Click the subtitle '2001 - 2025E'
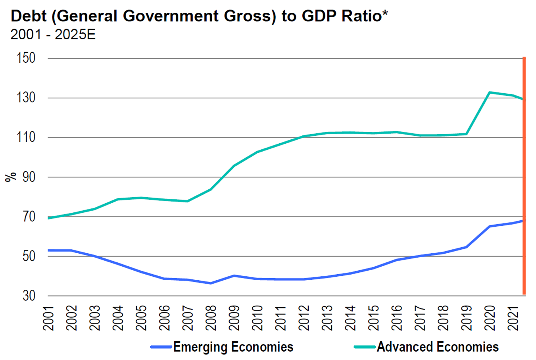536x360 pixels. pos(53,35)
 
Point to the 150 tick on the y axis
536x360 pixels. pos(26,58)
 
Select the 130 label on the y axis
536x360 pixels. pos(26,98)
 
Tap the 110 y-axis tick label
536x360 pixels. pos(26,137)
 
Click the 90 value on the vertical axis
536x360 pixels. pos(29,177)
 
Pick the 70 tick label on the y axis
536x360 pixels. pos(29,217)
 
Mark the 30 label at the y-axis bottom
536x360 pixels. pos(29,296)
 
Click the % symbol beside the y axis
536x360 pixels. pos(11,177)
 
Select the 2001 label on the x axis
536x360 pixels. pos(48,318)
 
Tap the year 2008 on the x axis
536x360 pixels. pos(211,318)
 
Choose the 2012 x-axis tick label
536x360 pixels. pos(304,318)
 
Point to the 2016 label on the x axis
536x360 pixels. pos(397,318)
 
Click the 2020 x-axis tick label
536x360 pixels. pos(490,318)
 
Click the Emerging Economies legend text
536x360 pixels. pos(233,347)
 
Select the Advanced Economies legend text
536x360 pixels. pos(438,347)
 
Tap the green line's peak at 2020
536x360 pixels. pos(490,92)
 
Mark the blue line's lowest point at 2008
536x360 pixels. pos(211,283)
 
